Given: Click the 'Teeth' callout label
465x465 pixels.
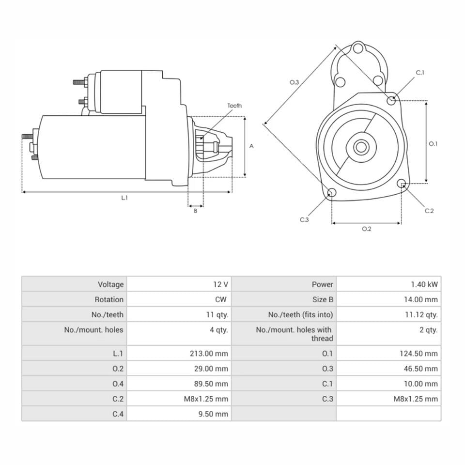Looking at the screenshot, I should (x=234, y=106).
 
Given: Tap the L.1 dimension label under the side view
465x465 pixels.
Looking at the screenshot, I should (x=124, y=198).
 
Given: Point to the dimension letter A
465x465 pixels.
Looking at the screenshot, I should (x=251, y=146).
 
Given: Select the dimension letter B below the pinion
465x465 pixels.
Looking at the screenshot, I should (x=196, y=211).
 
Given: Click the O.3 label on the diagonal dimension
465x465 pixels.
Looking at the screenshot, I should (x=294, y=82).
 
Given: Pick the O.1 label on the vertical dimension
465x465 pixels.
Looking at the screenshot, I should (x=433, y=143).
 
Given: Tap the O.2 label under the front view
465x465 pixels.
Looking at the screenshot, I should (x=366, y=229).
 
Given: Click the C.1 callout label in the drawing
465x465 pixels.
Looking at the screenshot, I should (x=420, y=73).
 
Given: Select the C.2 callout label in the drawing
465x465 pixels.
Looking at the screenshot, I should (x=429, y=211).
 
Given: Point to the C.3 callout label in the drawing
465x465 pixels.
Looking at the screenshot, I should (x=304, y=219).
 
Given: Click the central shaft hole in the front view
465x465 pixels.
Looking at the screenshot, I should (x=360, y=147).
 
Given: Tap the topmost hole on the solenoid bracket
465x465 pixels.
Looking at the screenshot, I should (x=358, y=48).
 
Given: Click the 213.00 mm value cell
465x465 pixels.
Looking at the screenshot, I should (x=209, y=354).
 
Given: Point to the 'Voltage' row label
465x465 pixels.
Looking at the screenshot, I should (x=110, y=284).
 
